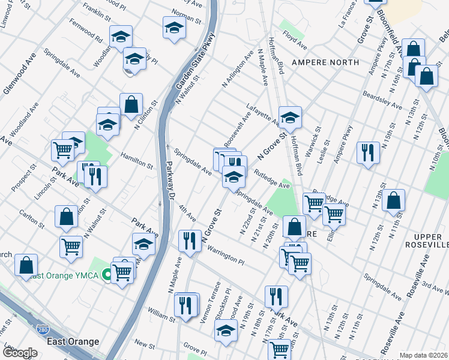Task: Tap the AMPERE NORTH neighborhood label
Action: [x=325, y=62]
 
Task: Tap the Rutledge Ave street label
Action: [x=272, y=178]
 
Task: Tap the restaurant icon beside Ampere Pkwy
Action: [x=367, y=152]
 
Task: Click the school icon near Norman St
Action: [x=174, y=28]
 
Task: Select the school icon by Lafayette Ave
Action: [x=290, y=118]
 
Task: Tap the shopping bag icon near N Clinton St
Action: [x=131, y=104]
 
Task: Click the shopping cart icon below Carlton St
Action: [x=71, y=247]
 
